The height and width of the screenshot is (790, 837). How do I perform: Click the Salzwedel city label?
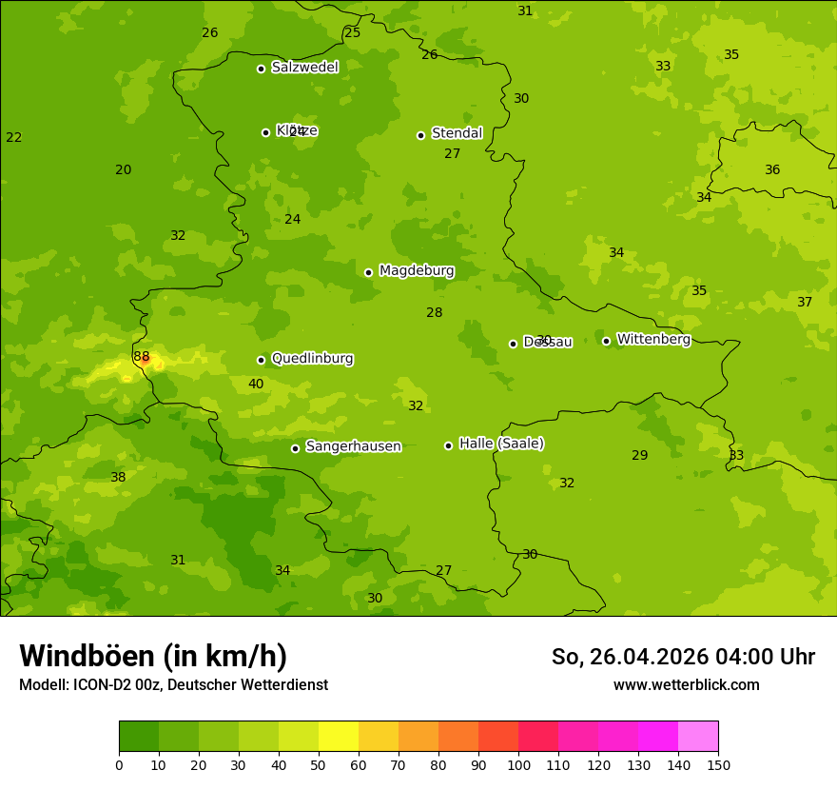[x=304, y=68]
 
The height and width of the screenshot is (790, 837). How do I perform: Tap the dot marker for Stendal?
[x=420, y=135]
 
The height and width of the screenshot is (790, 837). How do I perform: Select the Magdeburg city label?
[x=417, y=271]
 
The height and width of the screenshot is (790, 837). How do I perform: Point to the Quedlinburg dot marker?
[x=261, y=360]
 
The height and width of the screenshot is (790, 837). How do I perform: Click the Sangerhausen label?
[x=353, y=446]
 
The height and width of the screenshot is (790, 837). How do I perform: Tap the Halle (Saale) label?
[x=501, y=444]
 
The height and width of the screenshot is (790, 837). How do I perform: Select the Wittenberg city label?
[x=653, y=340]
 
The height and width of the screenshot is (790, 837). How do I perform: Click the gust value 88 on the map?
[x=142, y=357]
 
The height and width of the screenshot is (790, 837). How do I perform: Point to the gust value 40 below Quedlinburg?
[x=256, y=385]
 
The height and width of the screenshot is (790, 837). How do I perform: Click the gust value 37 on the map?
[x=805, y=303]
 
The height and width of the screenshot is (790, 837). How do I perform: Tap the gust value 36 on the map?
[x=772, y=170]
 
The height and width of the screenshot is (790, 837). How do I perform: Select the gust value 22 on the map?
[x=13, y=138]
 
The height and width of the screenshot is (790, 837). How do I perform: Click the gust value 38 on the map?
[x=118, y=478]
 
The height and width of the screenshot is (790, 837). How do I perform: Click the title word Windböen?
[x=87, y=656]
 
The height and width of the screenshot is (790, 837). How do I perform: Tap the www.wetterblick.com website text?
[x=686, y=685]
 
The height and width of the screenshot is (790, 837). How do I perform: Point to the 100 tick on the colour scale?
[x=518, y=764]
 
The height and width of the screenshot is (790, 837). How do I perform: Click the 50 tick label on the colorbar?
[x=319, y=764]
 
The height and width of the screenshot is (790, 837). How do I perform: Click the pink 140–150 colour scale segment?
[x=697, y=736]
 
